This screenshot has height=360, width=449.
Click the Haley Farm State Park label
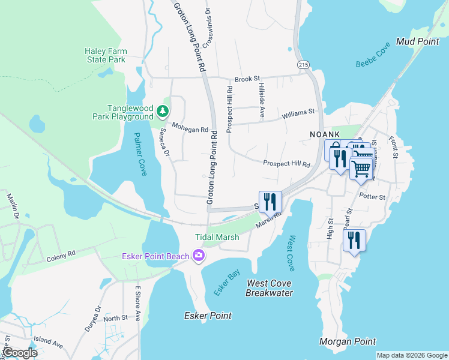click(104, 55)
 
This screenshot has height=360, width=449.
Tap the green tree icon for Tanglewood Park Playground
click(162, 111)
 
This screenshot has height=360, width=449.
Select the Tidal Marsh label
click(217, 237)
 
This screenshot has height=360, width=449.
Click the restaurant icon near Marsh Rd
click(270, 201)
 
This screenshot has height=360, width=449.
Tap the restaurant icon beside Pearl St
click(354, 241)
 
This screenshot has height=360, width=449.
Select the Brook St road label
click(247, 79)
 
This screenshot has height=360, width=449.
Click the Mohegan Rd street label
click(190, 128)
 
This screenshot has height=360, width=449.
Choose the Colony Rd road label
click(61, 254)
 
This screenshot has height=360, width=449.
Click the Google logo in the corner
click(19, 353)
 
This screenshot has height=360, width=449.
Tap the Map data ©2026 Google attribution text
click(411, 355)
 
